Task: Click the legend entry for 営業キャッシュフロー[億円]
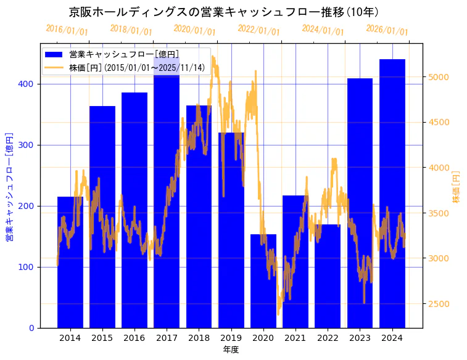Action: (x=124, y=54)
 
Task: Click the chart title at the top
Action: (x=223, y=12)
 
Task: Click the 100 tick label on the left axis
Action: (x=29, y=267)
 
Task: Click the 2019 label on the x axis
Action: (x=231, y=338)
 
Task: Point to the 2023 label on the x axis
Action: (x=360, y=338)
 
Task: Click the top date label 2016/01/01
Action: (x=67, y=30)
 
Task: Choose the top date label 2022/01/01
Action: (x=258, y=30)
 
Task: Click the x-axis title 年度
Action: (x=231, y=350)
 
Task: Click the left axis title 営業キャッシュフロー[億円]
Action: (x=9, y=186)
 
